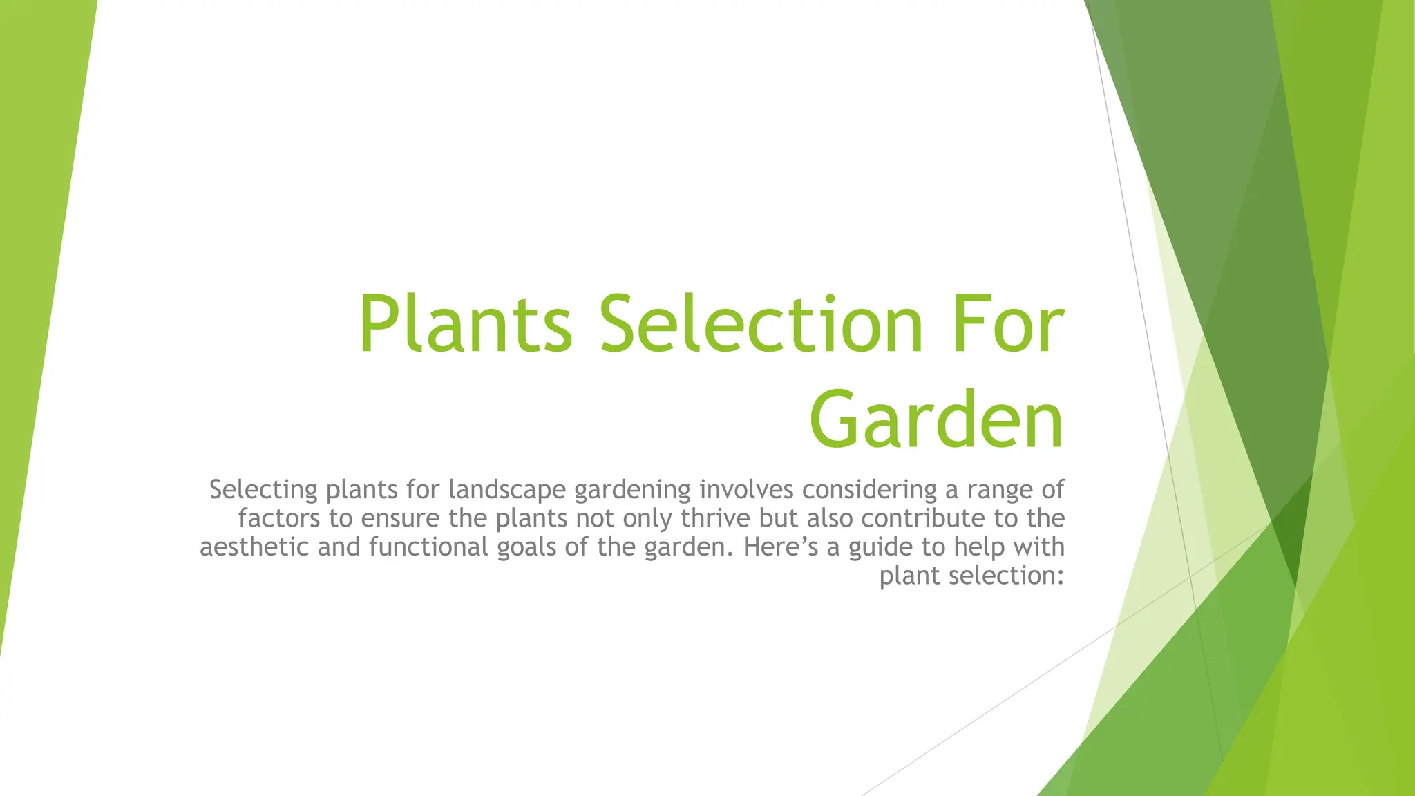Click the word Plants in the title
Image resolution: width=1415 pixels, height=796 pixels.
pos(465,325)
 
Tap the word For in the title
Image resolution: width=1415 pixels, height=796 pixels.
pos(1008,325)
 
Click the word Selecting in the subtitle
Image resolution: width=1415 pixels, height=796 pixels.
pos(263,490)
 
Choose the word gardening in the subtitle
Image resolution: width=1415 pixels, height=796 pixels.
pos(632,490)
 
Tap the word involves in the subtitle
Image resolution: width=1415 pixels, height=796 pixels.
pos(746,490)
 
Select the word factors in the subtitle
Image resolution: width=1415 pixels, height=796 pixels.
pos(279,518)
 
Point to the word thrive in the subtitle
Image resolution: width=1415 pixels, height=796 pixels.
pos(716,518)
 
